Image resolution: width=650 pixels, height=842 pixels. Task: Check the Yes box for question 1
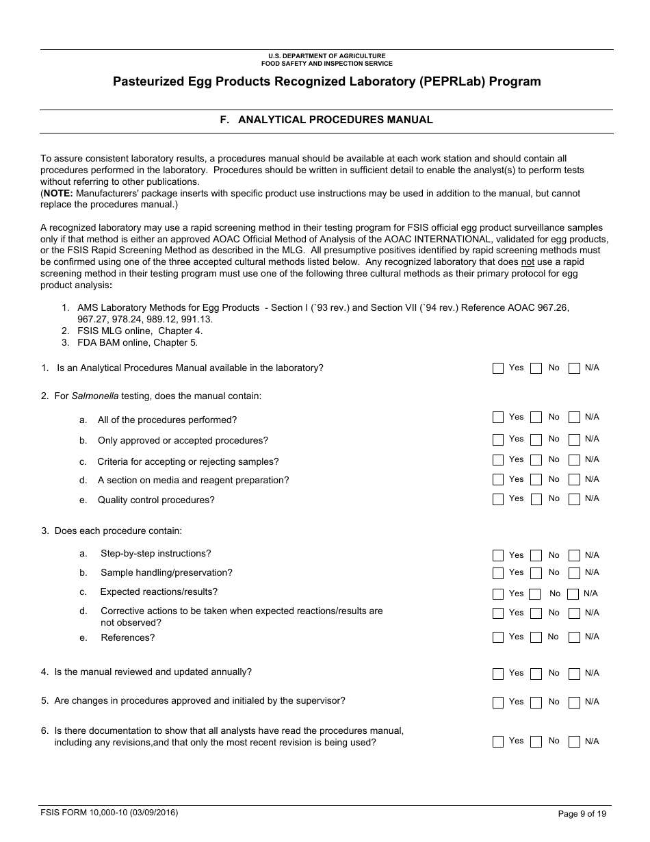498,369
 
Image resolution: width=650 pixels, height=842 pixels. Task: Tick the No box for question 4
536,674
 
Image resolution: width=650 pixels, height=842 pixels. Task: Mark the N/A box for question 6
575,742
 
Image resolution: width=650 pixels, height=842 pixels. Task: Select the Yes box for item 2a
498,418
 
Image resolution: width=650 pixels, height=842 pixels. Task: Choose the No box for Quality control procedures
536,500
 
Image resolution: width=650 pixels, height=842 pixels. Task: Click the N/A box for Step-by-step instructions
575,556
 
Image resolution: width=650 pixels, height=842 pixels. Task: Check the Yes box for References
498,638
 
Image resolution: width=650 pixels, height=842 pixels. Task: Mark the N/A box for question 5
575,703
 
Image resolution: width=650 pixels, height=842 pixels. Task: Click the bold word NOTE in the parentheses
58,194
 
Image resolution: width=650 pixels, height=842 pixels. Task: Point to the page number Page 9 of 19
582,814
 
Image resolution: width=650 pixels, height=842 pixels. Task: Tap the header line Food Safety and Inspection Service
326,64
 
